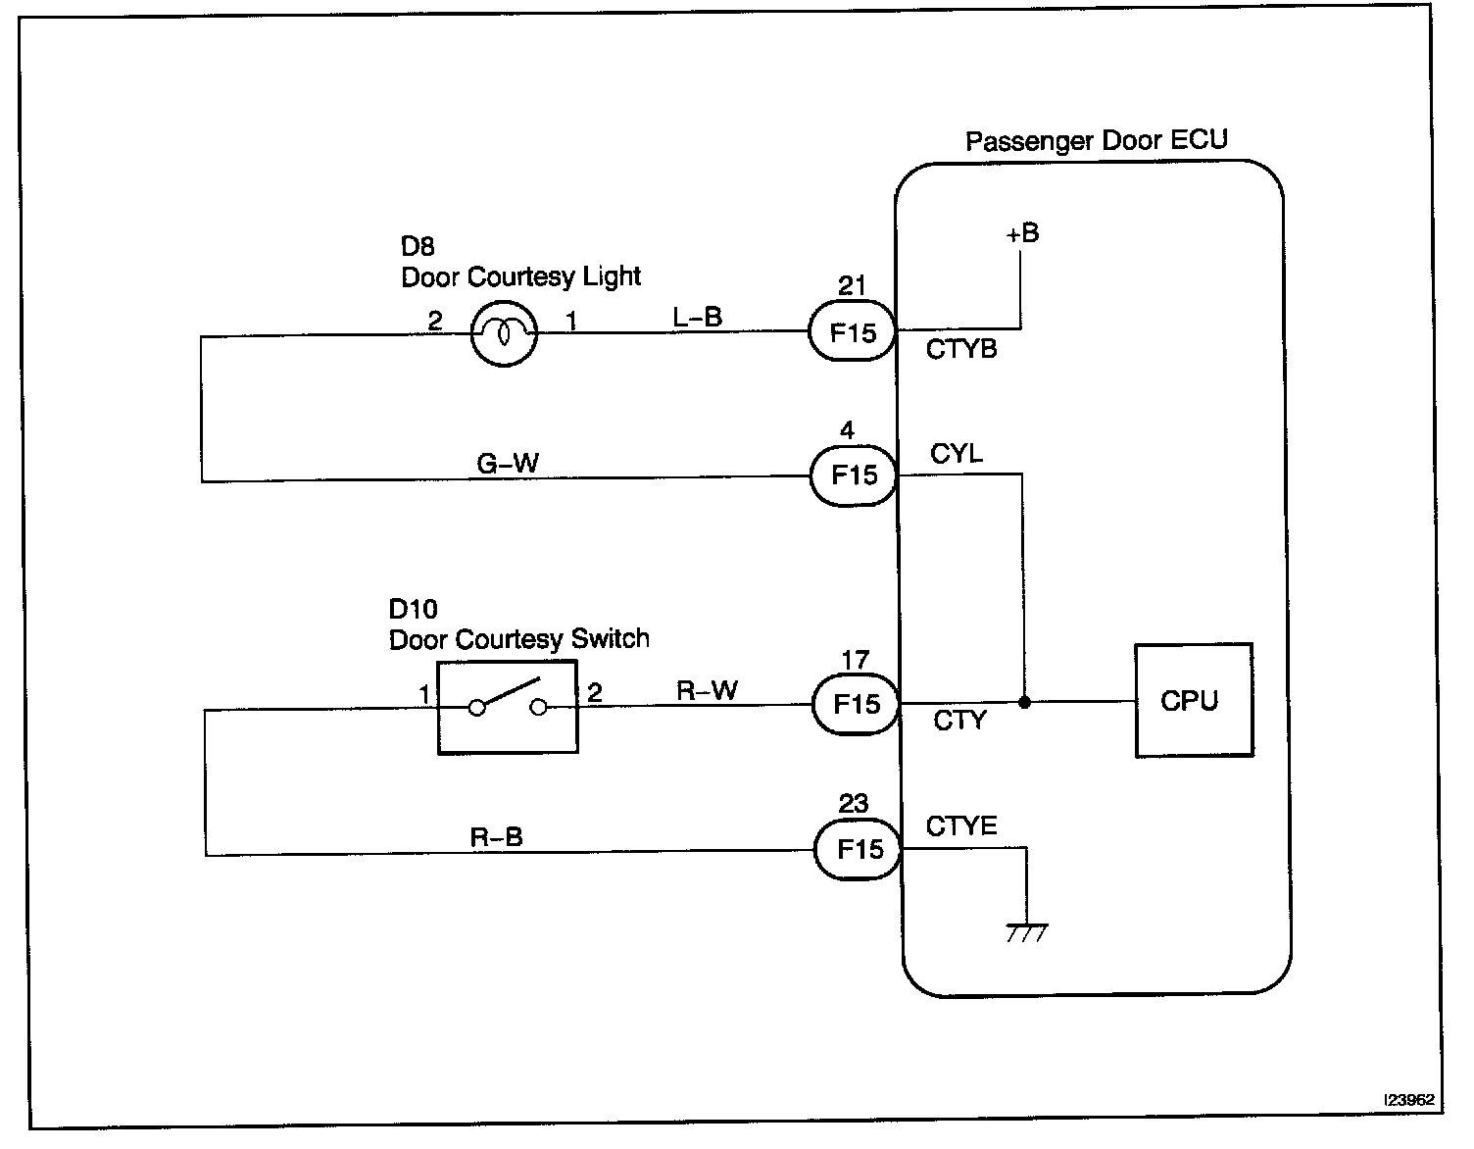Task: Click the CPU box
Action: click(x=1193, y=700)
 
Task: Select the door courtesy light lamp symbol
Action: click(x=504, y=333)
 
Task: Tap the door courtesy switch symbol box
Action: click(x=507, y=707)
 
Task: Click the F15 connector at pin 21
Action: click(x=853, y=331)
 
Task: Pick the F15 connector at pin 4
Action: click(x=854, y=475)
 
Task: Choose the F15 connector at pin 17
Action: click(x=856, y=704)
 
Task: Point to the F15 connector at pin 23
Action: click(x=858, y=849)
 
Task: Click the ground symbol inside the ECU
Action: click(x=1026, y=932)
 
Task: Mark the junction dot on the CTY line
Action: click(x=1024, y=702)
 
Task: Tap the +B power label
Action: click(x=1021, y=233)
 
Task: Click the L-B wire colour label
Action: click(x=698, y=317)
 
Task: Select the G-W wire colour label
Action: click(x=508, y=463)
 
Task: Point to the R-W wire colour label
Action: click(x=707, y=690)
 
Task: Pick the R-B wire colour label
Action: click(x=497, y=836)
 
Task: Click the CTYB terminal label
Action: click(x=961, y=349)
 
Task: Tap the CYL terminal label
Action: click(x=956, y=454)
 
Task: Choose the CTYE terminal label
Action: click(x=961, y=825)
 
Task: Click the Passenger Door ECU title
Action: click(x=1096, y=140)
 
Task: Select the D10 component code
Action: click(x=413, y=610)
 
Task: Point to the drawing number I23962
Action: click(x=1408, y=1100)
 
